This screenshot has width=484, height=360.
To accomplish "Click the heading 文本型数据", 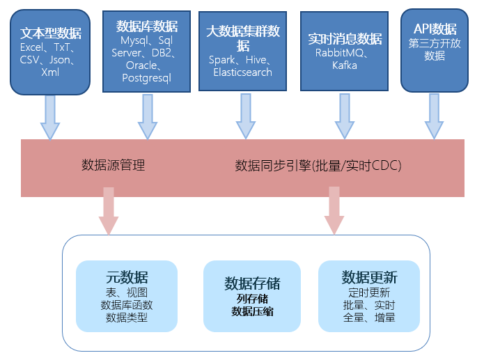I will point(50,33).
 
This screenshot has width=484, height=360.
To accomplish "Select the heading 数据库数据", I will point(146,26).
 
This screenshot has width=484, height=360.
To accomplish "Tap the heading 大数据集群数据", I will point(243,38).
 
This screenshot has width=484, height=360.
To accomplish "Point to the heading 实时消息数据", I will point(345,38).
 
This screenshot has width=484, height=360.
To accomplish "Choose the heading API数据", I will point(435,29).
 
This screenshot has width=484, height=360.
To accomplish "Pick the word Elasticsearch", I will point(242,72).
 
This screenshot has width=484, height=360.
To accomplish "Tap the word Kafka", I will point(344,65).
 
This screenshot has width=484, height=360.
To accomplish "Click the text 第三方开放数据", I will point(435,49).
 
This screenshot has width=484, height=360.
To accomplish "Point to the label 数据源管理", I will point(114,166).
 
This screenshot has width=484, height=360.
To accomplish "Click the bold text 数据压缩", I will point(252,312).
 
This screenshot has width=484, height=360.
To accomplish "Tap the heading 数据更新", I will point(369,277).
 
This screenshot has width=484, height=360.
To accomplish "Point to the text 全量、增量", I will point(369,318).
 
